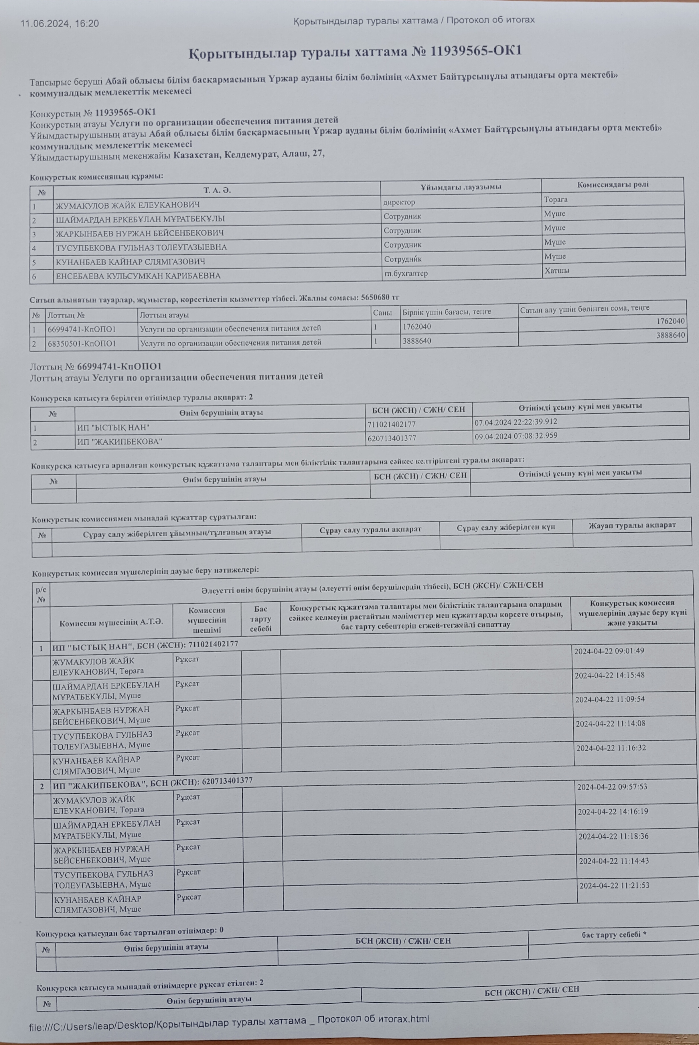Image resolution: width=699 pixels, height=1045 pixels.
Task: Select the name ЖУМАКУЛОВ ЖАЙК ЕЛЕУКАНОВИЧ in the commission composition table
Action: click(127, 205)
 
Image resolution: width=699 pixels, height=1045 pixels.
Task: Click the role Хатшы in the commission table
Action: click(556, 270)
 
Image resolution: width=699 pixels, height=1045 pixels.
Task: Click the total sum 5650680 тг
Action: click(378, 297)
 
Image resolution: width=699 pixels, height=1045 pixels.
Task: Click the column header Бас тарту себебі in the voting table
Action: click(260, 619)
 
